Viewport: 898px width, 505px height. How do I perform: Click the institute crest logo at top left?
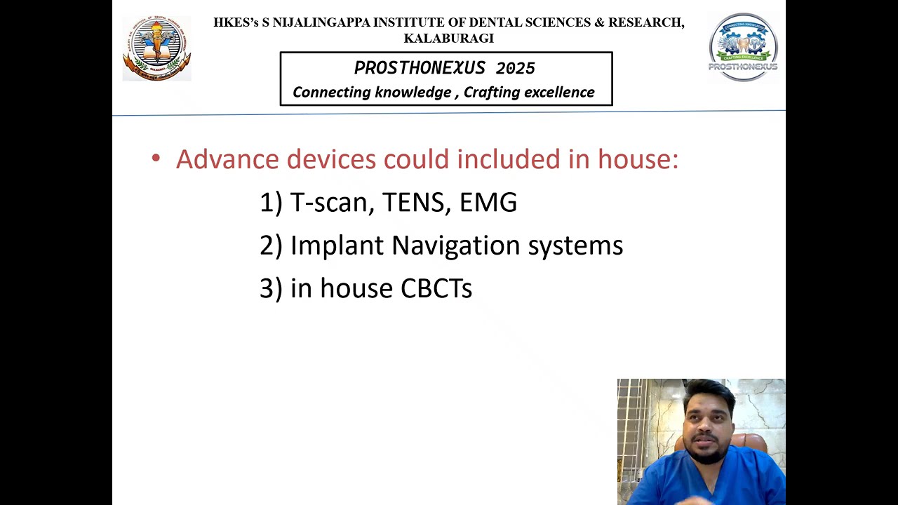(x=156, y=48)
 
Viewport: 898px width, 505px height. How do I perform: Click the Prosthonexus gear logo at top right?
(x=743, y=46)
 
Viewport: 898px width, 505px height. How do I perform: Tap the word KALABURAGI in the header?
(x=448, y=39)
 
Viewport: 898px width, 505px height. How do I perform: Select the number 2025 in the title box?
(x=515, y=69)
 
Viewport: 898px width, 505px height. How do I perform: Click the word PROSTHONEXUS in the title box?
(x=420, y=69)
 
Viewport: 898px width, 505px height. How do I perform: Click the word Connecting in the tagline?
(x=331, y=93)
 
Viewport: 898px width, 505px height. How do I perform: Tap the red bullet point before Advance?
(x=156, y=159)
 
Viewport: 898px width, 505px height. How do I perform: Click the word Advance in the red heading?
(x=227, y=159)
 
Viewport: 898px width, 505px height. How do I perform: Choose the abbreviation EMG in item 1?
(x=488, y=203)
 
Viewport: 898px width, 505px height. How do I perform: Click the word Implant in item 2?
(x=337, y=245)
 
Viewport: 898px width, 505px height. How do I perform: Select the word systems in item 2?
(x=575, y=245)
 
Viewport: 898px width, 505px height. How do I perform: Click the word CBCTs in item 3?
(x=436, y=288)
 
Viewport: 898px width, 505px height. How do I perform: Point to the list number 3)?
(x=271, y=288)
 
